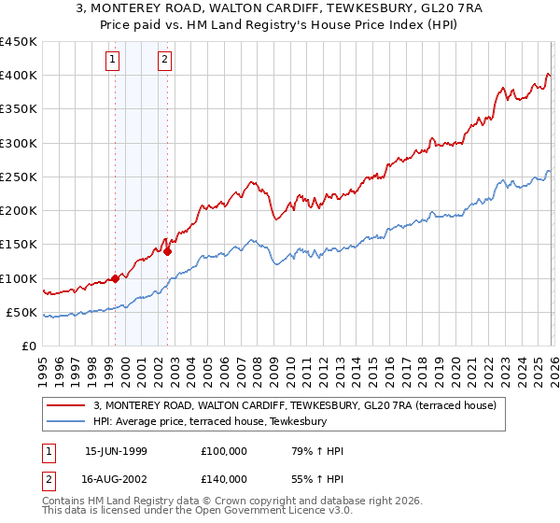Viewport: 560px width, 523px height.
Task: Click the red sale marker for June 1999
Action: pos(115,278)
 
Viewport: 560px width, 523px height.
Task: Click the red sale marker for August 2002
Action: pos(167,251)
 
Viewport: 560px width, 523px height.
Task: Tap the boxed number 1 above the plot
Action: pos(112,61)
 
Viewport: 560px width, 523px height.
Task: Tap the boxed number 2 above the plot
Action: pos(164,61)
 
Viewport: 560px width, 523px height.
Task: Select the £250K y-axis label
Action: pos(19,177)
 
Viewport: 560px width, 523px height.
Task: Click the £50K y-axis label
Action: pos(22,312)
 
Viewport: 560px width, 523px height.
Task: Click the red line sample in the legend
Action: pos(67,405)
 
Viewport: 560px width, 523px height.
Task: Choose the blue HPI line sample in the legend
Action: pos(67,421)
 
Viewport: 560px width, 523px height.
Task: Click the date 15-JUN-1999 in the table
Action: pos(116,451)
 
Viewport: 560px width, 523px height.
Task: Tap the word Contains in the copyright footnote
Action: pos(65,502)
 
